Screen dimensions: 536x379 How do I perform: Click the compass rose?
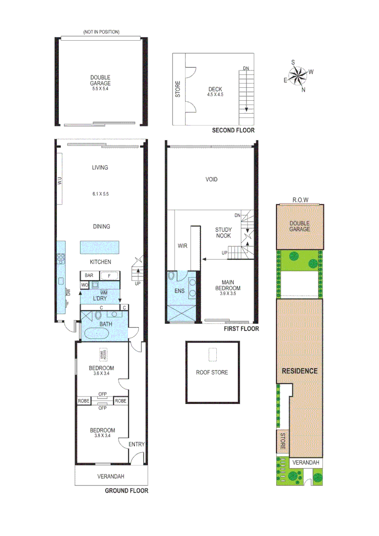click(298, 76)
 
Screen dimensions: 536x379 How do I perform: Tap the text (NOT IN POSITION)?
click(101, 32)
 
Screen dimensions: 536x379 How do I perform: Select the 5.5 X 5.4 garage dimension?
click(100, 89)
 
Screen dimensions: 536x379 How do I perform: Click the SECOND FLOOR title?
click(233, 131)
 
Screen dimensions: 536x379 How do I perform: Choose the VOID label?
click(211, 180)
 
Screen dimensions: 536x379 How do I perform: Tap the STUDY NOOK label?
click(223, 233)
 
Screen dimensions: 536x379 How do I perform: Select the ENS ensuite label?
click(179, 291)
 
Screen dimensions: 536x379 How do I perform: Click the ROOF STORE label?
click(212, 372)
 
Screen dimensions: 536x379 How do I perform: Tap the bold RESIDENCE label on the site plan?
click(300, 371)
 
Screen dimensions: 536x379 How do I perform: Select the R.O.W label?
click(300, 200)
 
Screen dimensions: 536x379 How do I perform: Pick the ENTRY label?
click(136, 445)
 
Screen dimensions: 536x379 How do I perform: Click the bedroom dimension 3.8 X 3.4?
click(102, 437)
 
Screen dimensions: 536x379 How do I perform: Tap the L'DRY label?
click(100, 299)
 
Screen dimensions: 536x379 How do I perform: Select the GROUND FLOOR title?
click(126, 491)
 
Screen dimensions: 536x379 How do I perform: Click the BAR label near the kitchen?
click(89, 275)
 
